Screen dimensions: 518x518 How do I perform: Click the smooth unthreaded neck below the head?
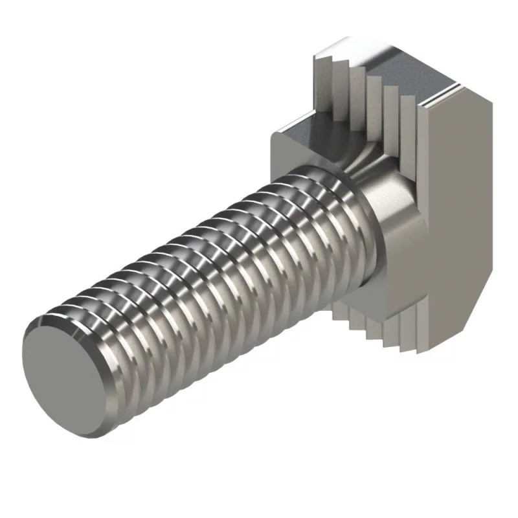point(388,214)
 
